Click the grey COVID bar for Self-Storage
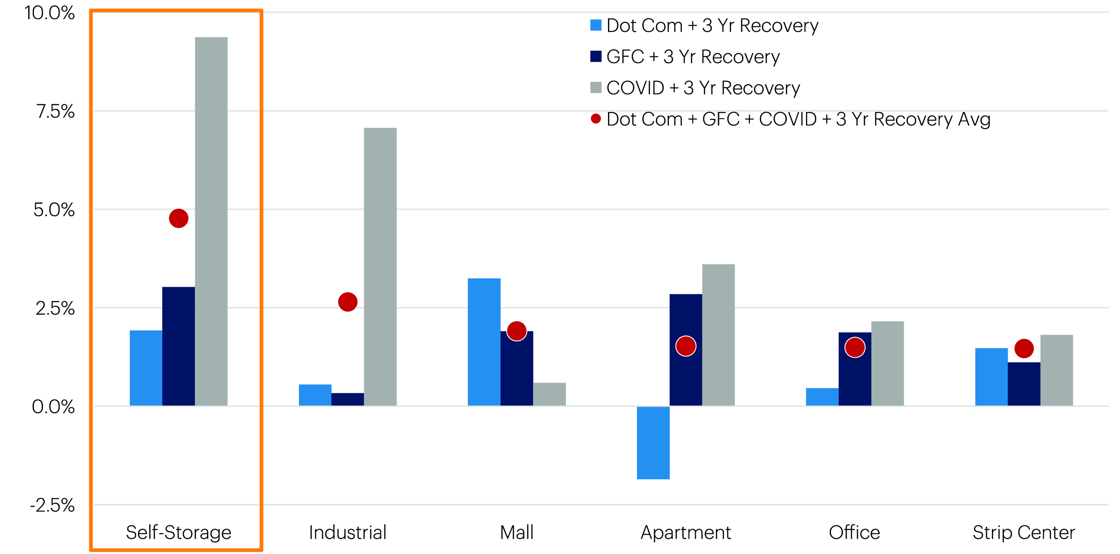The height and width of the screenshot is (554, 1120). pyautogui.click(x=211, y=221)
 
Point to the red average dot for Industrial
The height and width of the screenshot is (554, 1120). pyautogui.click(x=348, y=302)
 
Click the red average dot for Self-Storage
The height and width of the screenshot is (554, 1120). pyautogui.click(x=178, y=218)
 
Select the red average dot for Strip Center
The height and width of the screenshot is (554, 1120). pyautogui.click(x=1024, y=348)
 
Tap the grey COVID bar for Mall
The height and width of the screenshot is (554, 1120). pyautogui.click(x=549, y=394)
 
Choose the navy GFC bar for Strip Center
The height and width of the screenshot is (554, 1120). pyautogui.click(x=1024, y=384)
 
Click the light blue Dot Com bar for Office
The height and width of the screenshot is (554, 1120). pyautogui.click(x=822, y=397)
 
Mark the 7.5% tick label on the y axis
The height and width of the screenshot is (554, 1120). pyautogui.click(x=55, y=111)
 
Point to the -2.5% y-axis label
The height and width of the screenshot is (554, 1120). pyautogui.click(x=52, y=505)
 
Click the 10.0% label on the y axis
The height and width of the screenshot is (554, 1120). pyautogui.click(x=49, y=13)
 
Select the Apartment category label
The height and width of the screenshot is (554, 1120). pyautogui.click(x=685, y=533)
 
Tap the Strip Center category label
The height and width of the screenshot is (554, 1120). pyautogui.click(x=1024, y=533)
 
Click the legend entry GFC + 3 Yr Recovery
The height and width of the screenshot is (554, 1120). pyautogui.click(x=693, y=57)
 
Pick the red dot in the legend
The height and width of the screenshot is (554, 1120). pyautogui.click(x=595, y=119)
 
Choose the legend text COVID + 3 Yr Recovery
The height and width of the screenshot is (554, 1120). pyautogui.click(x=703, y=88)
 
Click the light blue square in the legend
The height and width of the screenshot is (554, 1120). pyautogui.click(x=595, y=25)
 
